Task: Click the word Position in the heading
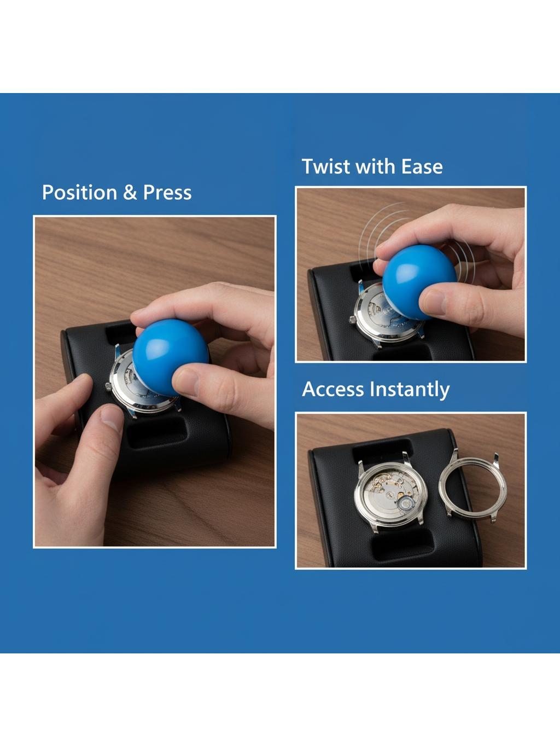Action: pyautogui.click(x=79, y=193)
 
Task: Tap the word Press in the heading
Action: pyautogui.click(x=167, y=193)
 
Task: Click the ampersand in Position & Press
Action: pyautogui.click(x=130, y=193)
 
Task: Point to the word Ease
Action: pyautogui.click(x=422, y=167)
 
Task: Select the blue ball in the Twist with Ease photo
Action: pyautogui.click(x=419, y=282)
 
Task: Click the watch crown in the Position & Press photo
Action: pyautogui.click(x=108, y=386)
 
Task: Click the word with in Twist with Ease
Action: pyautogui.click(x=375, y=166)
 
